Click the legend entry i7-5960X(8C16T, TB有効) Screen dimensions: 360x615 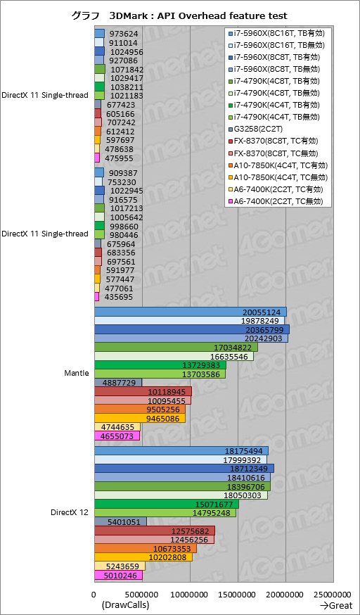[279, 33]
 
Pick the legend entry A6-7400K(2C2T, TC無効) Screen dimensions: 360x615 [278, 202]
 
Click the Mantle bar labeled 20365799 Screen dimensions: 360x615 [192, 329]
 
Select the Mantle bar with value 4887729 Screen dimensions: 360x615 [118, 383]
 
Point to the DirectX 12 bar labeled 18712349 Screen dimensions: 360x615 [184, 469]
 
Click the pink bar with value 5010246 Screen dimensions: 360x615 [118, 576]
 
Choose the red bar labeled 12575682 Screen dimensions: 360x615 [155, 531]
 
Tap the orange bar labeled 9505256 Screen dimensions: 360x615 [140, 410]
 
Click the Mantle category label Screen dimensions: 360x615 [77, 374]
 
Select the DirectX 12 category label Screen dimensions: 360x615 [70, 513]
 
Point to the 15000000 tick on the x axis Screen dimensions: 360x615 [238, 595]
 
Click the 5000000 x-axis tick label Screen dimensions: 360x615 [142, 595]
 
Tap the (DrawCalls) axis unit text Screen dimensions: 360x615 [125, 605]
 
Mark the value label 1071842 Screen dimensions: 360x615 [127, 70]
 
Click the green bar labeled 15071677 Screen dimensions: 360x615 [167, 505]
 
